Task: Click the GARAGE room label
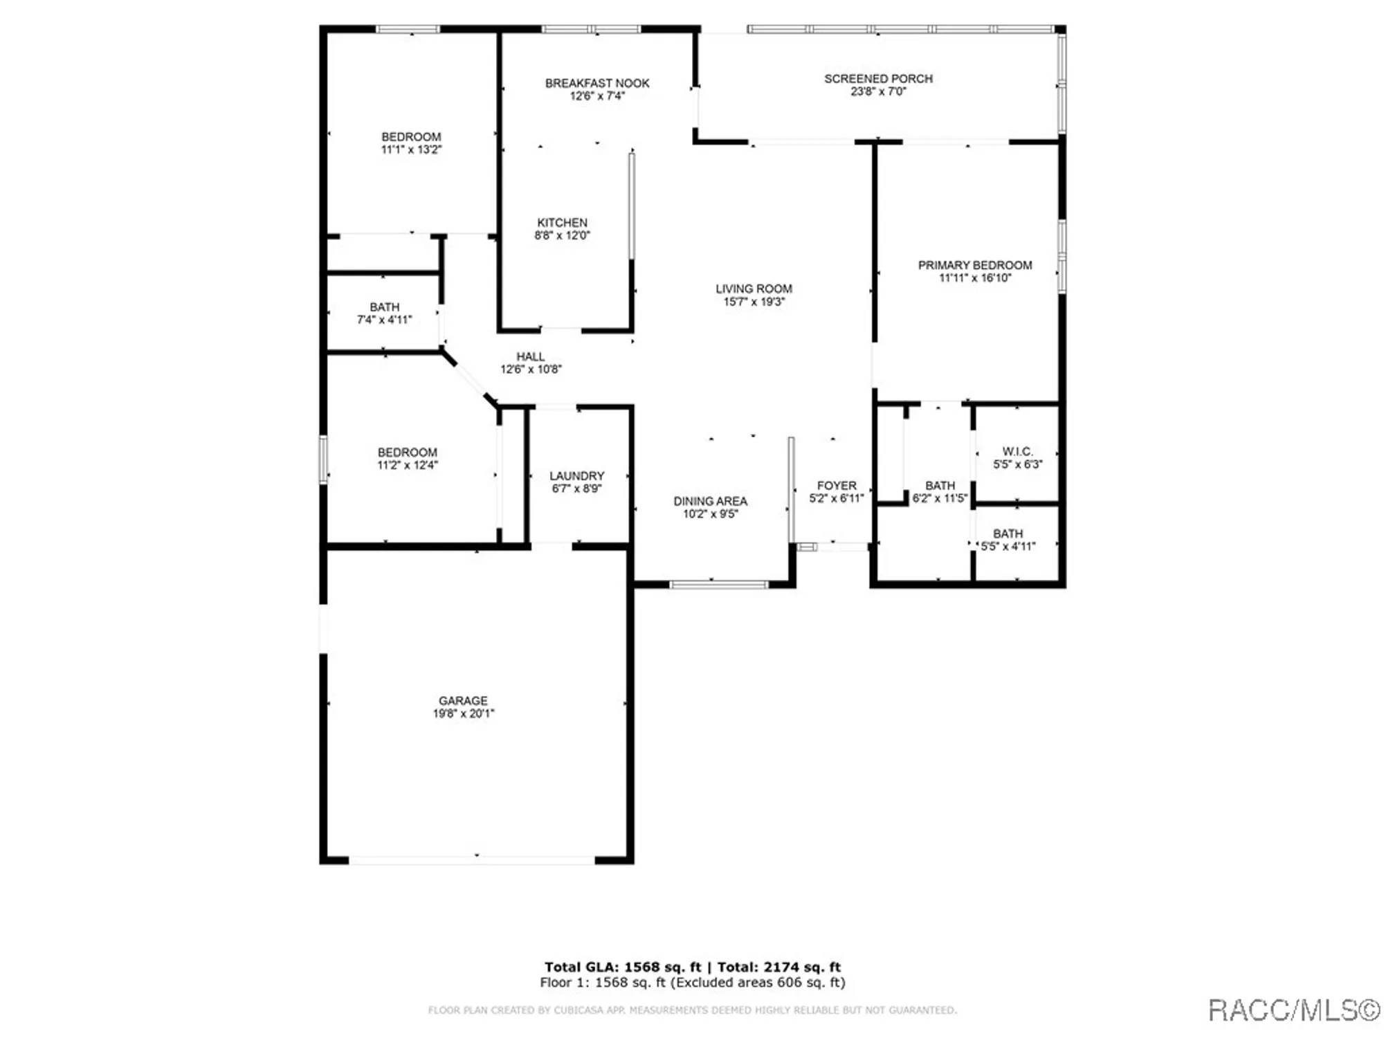[x=463, y=700]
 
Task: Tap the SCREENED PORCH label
[x=878, y=79]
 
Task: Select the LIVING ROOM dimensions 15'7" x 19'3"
[x=754, y=302]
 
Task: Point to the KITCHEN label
[x=562, y=222]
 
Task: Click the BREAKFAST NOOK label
[x=597, y=83]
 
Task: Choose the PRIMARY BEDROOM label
[x=974, y=265]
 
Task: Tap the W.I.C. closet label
[x=1017, y=451]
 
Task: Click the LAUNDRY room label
[x=576, y=475]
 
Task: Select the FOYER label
[x=836, y=485]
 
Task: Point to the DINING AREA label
[x=710, y=500]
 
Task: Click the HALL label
[x=530, y=356]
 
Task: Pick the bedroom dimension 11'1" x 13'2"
[x=411, y=149]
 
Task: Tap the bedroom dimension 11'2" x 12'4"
[x=407, y=465]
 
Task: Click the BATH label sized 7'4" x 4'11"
[x=384, y=307]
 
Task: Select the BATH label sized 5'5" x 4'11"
[x=1008, y=534]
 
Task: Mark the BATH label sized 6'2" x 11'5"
[x=940, y=485]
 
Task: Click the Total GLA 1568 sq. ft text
[x=622, y=967]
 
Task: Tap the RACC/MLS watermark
[x=1293, y=1010]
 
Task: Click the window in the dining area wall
[x=719, y=585]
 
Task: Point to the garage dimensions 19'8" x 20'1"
[x=463, y=713]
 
